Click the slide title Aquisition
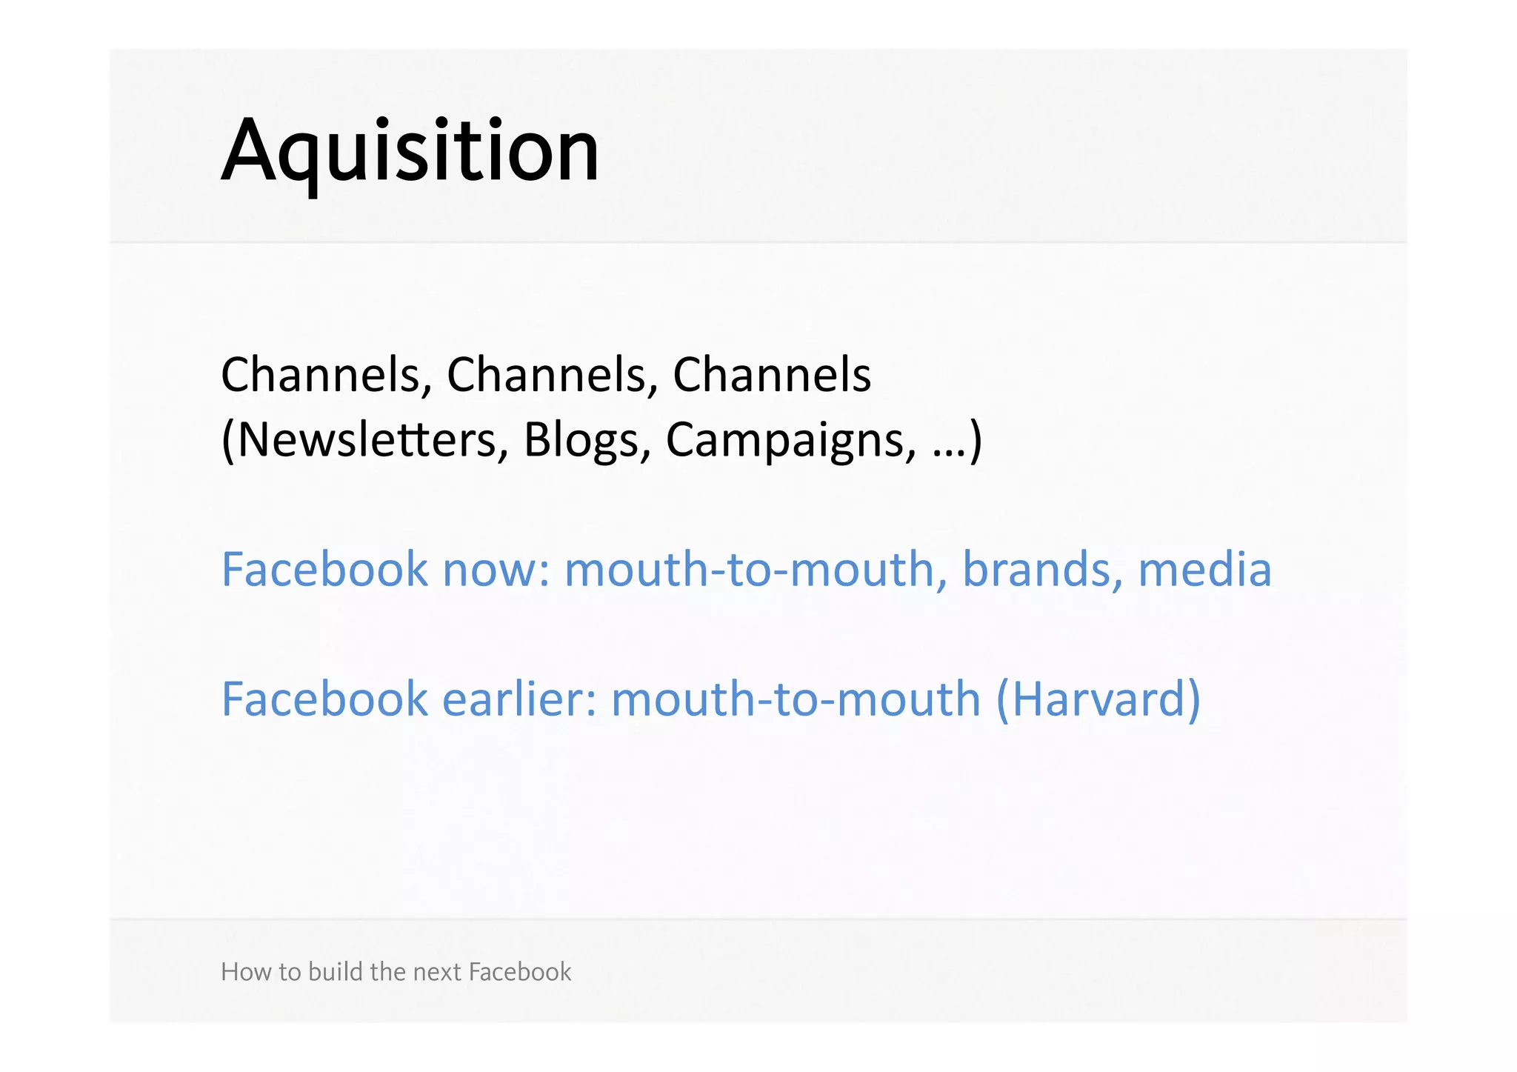(x=410, y=152)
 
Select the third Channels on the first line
(x=771, y=375)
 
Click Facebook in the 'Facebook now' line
(x=324, y=570)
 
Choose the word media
(x=1204, y=570)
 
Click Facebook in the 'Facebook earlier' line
(x=324, y=699)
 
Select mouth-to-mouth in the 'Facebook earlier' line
(x=796, y=699)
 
